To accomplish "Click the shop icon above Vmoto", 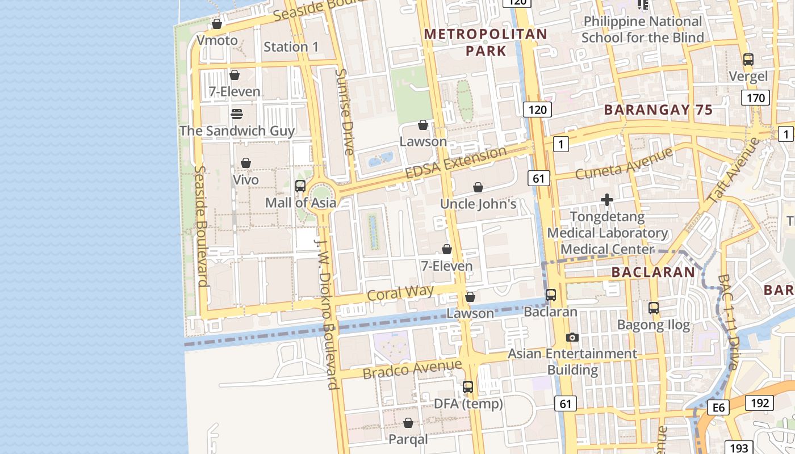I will [216, 24].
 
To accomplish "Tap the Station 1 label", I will [291, 47].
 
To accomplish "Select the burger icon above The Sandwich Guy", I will [237, 114].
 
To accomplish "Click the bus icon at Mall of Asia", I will [300, 186].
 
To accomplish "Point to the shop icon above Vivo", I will [246, 163].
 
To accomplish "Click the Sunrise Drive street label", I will [345, 112].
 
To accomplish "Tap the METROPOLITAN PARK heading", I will [486, 42].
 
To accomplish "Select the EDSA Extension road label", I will [456, 162].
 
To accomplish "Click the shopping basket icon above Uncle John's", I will [478, 187].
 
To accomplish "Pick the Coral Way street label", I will [400, 293].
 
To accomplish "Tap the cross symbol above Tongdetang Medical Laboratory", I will [607, 200].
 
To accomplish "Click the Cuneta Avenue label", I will [624, 163].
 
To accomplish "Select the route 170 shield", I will [756, 98].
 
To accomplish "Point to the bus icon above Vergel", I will [748, 59].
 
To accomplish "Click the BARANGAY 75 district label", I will [658, 110].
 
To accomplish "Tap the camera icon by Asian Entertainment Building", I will [572, 337].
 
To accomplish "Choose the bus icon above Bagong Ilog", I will [654, 308].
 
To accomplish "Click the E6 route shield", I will [719, 407].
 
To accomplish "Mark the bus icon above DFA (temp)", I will [468, 387].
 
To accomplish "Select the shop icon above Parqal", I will [408, 423].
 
